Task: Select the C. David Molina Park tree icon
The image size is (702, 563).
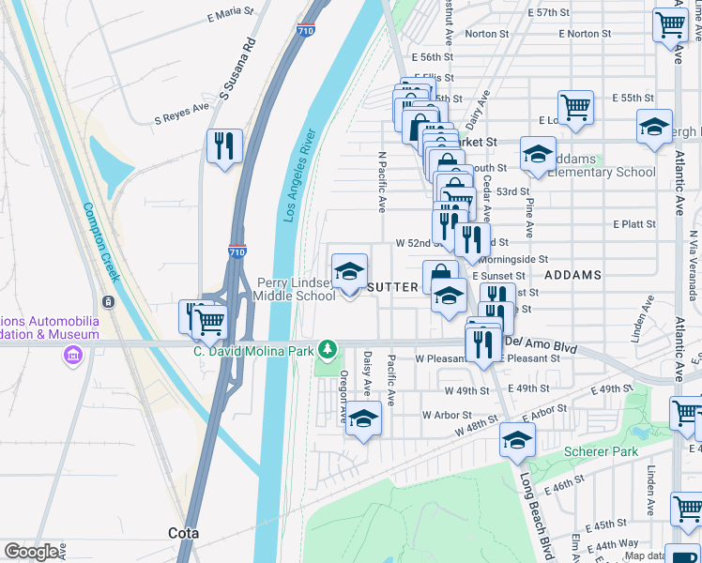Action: pyautogui.click(x=327, y=349)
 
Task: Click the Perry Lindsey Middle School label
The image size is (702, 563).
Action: pyautogui.click(x=297, y=289)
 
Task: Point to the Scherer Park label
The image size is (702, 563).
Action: pyautogui.click(x=601, y=452)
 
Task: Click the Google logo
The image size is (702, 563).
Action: pyautogui.click(x=32, y=552)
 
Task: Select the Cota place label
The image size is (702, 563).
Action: pyautogui.click(x=183, y=533)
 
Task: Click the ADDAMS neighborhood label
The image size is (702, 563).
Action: pyautogui.click(x=572, y=275)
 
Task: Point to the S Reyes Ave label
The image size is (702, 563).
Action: pyautogui.click(x=181, y=114)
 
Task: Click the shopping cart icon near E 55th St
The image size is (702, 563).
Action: pyautogui.click(x=575, y=106)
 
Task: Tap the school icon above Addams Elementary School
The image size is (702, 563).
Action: pyautogui.click(x=538, y=153)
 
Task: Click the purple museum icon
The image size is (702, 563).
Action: pyautogui.click(x=72, y=356)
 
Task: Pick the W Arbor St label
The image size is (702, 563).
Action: pyautogui.click(x=446, y=414)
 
